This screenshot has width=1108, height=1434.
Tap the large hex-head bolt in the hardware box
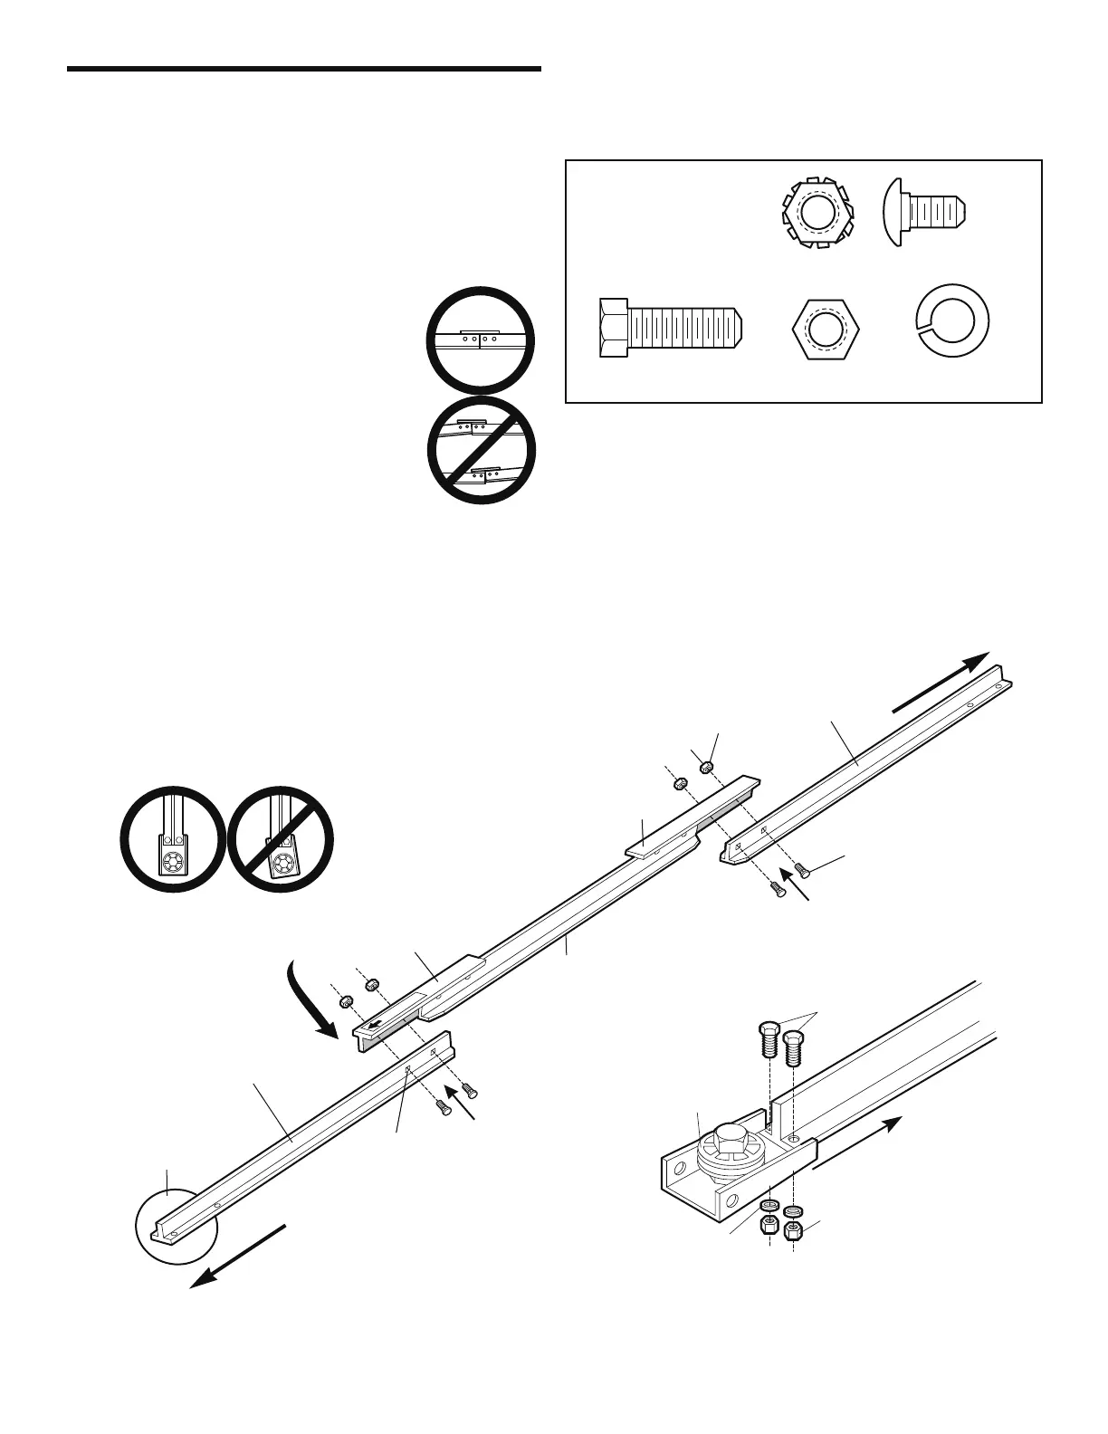coord(670,328)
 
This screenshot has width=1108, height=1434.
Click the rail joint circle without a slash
coord(481,341)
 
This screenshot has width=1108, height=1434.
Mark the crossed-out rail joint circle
coord(481,450)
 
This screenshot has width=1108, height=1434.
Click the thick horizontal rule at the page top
coord(304,69)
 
